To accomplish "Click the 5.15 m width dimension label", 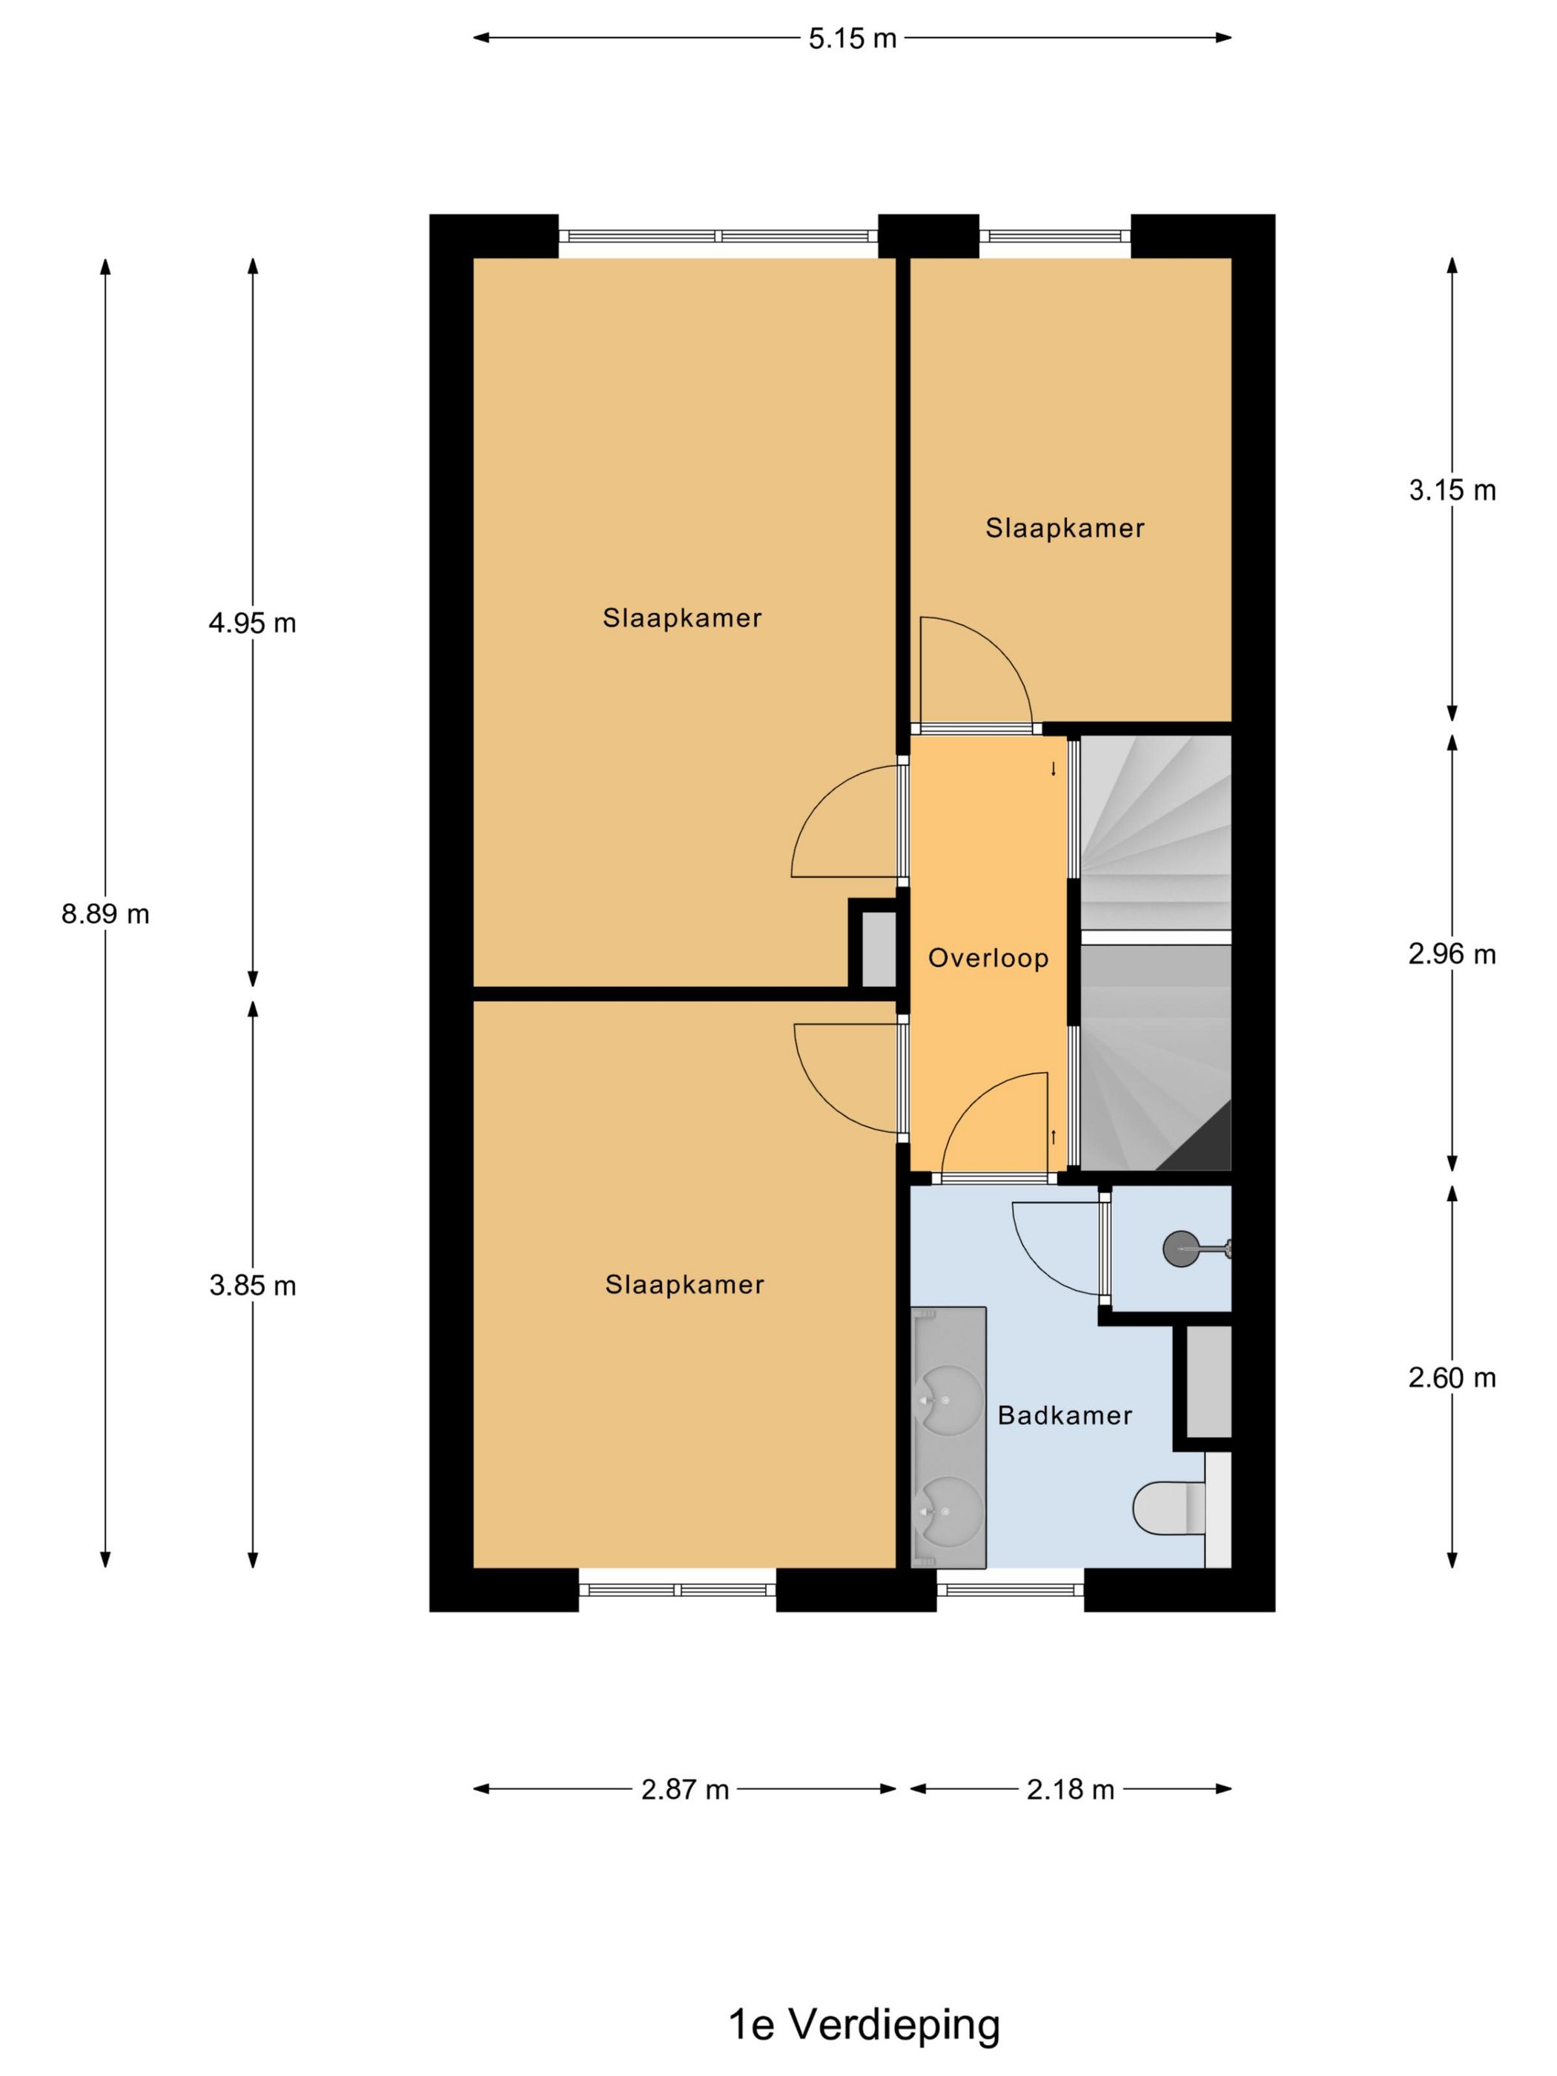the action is (x=852, y=39).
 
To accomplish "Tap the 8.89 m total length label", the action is (x=105, y=913).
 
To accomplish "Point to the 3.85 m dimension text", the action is (x=253, y=1285).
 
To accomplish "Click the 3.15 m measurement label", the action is (x=1452, y=490).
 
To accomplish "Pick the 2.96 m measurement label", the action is (x=1452, y=953).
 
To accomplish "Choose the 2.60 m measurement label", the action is (x=1452, y=1378).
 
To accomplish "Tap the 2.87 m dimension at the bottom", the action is (x=685, y=1790).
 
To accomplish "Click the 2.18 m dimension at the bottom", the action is (x=1070, y=1790).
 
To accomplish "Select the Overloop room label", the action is (x=988, y=958).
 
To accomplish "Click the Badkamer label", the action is (x=1064, y=1415).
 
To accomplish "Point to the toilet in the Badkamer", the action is (x=1169, y=1507).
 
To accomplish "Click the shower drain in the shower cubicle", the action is (x=1180, y=1249).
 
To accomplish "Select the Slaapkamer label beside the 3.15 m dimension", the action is (x=1064, y=529).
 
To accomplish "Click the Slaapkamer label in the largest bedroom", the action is (x=682, y=618).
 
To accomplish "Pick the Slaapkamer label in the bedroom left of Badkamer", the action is (x=684, y=1284).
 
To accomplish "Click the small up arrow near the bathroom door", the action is (x=1053, y=1137).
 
